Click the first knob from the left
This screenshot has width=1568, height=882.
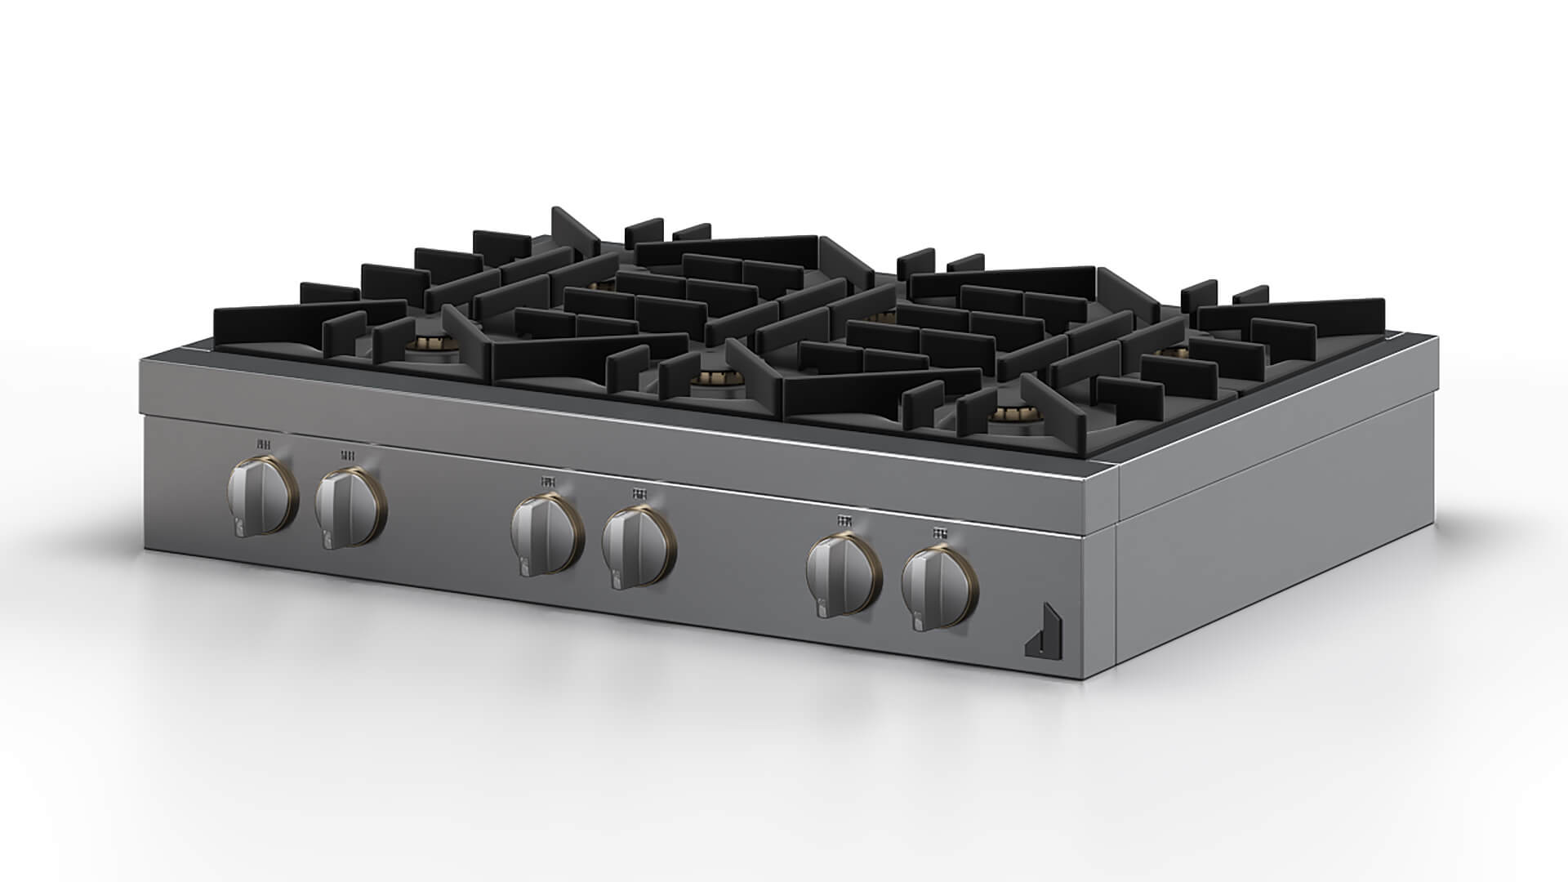pyautogui.click(x=261, y=497)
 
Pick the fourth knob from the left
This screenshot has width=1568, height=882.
pyautogui.click(x=637, y=548)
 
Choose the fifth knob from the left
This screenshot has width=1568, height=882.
pyautogui.click(x=842, y=576)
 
